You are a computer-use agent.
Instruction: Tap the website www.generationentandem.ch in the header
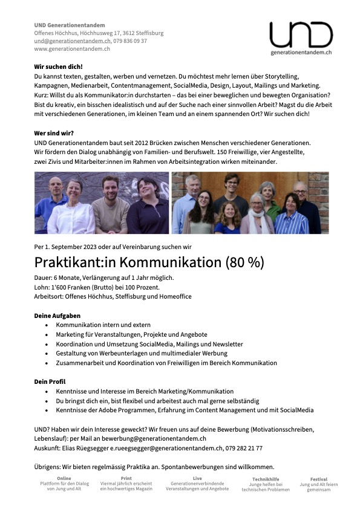pyautogui.click(x=71, y=48)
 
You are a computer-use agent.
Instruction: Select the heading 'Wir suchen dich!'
pyautogui.click(x=58, y=66)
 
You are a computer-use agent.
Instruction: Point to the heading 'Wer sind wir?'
pyautogui.click(x=55, y=132)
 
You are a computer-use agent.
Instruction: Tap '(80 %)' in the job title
pyautogui.click(x=244, y=263)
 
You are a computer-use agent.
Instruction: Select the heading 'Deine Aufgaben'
pyautogui.click(x=57, y=316)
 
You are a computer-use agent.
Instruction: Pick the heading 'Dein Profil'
pyautogui.click(x=50, y=381)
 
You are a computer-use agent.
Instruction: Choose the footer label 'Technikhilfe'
pyautogui.click(x=266, y=479)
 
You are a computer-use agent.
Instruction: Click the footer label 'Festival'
pyautogui.click(x=318, y=479)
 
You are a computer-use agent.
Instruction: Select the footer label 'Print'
pyautogui.click(x=126, y=478)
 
